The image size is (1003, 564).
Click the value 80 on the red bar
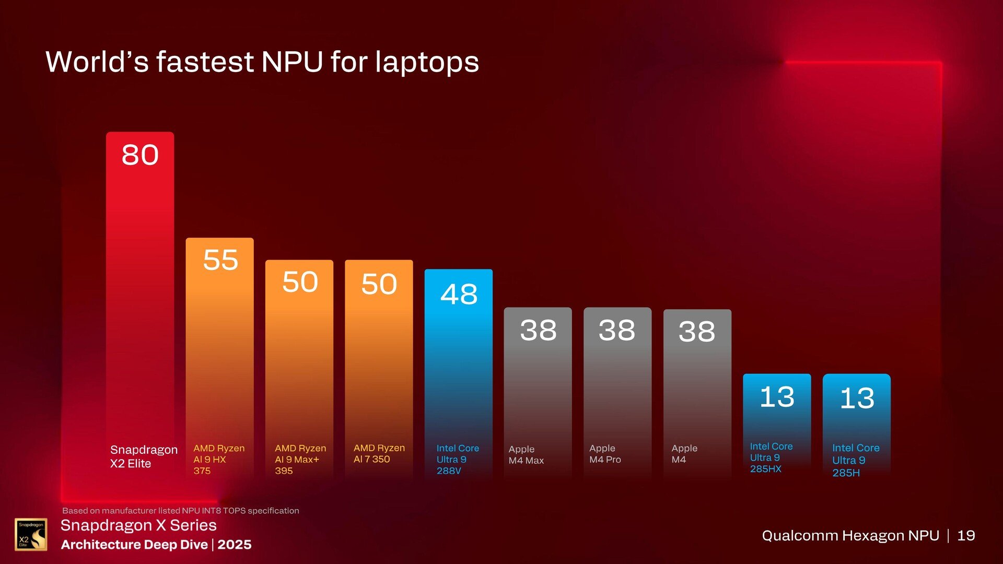click(x=140, y=155)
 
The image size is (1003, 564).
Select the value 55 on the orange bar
click(x=220, y=260)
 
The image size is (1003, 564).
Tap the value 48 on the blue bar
click(x=459, y=295)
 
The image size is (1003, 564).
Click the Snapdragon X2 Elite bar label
click(x=143, y=456)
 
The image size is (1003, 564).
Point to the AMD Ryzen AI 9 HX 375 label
click(x=218, y=459)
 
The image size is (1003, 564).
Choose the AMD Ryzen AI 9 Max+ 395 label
click(x=300, y=459)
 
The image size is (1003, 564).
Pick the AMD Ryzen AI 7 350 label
click(x=379, y=453)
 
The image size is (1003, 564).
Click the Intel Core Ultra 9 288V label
click(x=457, y=459)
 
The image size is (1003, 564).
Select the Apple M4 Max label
click(x=526, y=454)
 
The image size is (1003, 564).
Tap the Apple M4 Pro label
click(x=605, y=454)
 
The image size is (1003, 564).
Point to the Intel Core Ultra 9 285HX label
click(x=771, y=457)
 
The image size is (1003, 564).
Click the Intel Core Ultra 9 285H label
click(x=855, y=460)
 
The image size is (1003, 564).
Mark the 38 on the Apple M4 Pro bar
click(x=617, y=330)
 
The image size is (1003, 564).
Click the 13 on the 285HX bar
click(x=777, y=397)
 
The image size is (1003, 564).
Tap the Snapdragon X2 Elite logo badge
click(x=31, y=534)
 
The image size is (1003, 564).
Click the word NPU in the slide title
click(x=292, y=62)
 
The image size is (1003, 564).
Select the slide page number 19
click(x=966, y=535)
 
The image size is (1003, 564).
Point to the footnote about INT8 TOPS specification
click(x=181, y=511)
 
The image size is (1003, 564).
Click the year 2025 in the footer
click(x=235, y=545)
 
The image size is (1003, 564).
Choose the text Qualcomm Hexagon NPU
click(x=850, y=535)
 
